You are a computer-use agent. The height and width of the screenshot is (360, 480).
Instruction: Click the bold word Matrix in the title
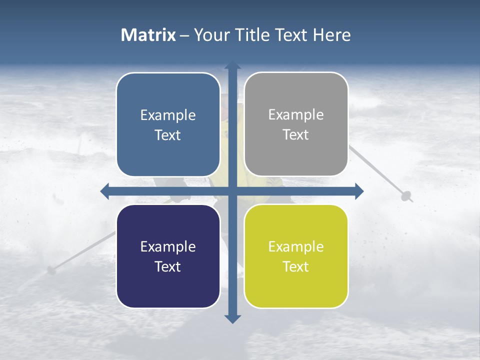click(148, 35)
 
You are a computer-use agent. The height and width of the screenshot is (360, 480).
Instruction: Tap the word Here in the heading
click(332, 35)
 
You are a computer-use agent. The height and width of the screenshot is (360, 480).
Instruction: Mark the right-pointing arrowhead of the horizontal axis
click(359, 191)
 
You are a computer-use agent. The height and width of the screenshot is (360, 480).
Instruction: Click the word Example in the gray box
click(296, 115)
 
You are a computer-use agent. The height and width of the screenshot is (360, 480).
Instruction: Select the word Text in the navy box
click(167, 266)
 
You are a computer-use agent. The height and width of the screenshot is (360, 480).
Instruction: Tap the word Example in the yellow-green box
click(296, 246)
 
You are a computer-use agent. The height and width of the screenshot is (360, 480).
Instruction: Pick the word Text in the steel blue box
click(167, 135)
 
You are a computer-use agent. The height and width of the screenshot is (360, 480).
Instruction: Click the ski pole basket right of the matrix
click(406, 195)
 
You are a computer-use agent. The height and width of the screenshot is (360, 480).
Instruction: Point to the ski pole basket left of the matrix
click(50, 270)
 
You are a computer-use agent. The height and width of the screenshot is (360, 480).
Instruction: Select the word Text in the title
click(291, 35)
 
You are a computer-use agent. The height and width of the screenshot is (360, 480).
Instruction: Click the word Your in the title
click(210, 35)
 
